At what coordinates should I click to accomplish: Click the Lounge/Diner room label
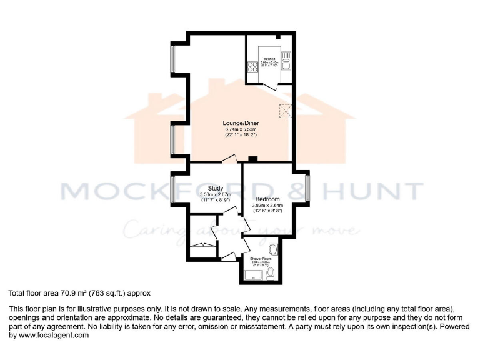pos(241,123)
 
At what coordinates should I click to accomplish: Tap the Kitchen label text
pos(269,59)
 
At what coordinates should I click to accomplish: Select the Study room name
pos(215,187)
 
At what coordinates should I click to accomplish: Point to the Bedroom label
pos(267,197)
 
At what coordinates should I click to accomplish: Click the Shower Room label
pos(261,258)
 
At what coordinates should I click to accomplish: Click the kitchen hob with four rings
pos(252,67)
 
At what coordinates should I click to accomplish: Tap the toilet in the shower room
pos(270,272)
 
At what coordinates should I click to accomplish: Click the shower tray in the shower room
pos(252,274)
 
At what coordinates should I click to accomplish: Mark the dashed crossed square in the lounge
pos(286,111)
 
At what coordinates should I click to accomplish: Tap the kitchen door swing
pos(274,88)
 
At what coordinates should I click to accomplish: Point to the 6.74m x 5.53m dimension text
pos(241,129)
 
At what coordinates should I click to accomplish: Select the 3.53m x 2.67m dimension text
pos(215,194)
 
